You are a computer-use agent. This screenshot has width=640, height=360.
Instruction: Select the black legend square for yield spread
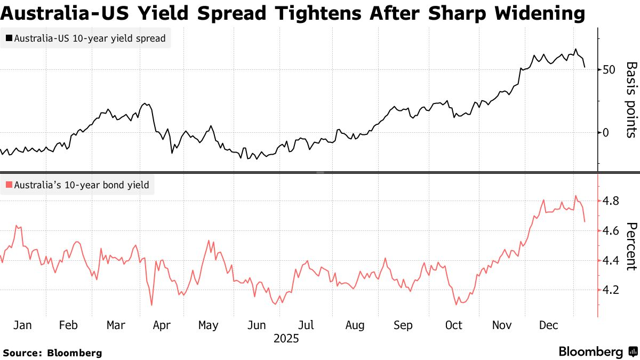click(9, 38)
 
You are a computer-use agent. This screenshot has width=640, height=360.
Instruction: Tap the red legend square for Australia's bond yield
click(9, 186)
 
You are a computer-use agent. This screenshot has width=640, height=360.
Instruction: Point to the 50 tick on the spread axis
click(609, 70)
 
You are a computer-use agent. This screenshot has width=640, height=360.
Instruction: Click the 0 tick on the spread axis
click(605, 132)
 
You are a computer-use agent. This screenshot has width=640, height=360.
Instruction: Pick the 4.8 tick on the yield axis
click(610, 201)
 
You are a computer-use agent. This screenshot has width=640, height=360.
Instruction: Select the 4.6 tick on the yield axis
click(610, 231)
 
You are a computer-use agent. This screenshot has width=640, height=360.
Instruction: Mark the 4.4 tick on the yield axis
click(610, 260)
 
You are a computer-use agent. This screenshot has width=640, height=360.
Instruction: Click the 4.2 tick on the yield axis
click(610, 290)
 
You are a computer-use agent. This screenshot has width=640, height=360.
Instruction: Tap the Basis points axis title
click(631, 100)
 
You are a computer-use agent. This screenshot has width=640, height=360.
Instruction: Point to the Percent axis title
click(631, 246)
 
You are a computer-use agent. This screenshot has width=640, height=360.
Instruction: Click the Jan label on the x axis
click(22, 325)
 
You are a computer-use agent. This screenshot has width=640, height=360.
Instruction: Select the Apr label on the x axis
click(162, 325)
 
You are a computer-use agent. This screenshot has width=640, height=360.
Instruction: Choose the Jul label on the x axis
click(306, 325)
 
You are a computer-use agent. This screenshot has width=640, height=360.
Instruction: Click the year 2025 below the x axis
click(286, 339)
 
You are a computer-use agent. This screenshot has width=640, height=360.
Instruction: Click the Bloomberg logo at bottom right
click(597, 352)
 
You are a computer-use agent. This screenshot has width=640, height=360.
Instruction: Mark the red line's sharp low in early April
click(152, 305)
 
